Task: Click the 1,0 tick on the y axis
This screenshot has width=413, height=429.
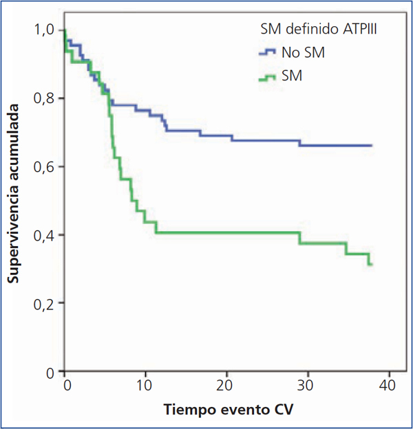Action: (x=47, y=30)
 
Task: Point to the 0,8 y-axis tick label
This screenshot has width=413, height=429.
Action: (x=47, y=98)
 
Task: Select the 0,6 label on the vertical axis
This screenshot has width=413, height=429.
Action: (x=47, y=166)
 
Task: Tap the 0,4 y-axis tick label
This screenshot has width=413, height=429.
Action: (x=47, y=235)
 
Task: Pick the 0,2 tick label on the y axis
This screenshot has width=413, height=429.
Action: (x=47, y=303)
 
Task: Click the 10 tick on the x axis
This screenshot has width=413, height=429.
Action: (x=145, y=384)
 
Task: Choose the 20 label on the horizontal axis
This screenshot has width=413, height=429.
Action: (x=226, y=384)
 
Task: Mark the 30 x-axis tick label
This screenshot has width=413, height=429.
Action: (x=308, y=384)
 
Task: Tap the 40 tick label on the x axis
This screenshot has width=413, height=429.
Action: (x=389, y=384)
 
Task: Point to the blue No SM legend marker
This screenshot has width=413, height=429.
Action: (x=267, y=53)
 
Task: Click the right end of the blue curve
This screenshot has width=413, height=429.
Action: (x=372, y=146)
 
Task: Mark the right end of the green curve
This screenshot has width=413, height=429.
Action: (x=372, y=265)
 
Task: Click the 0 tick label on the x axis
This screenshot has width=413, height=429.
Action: (x=65, y=384)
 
